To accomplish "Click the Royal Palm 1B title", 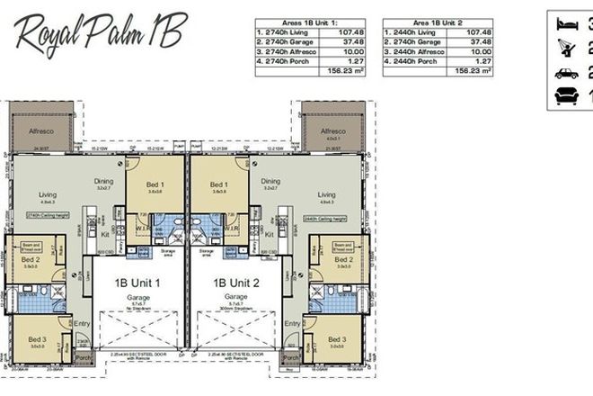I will [x=99, y=34].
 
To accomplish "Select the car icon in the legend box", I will [x=567, y=73].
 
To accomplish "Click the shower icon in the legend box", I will [x=567, y=48].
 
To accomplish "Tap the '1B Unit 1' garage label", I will [x=137, y=282].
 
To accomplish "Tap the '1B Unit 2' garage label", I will [x=236, y=282].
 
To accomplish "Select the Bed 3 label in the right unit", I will [x=336, y=337].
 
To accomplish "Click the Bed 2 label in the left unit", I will [x=31, y=258].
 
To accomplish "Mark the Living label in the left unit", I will [x=48, y=193].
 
